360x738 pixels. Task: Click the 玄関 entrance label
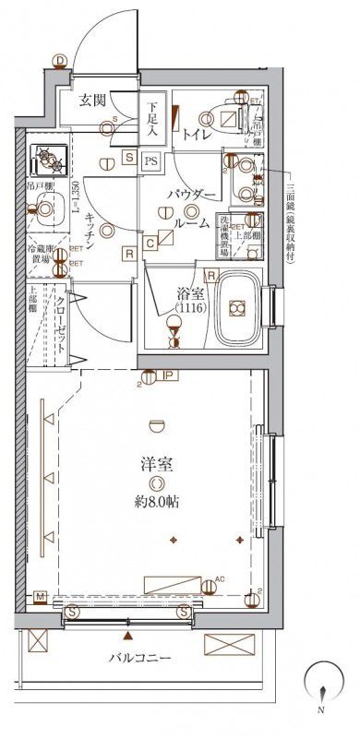pyautogui.click(x=90, y=101)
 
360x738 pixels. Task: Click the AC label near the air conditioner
pyautogui.click(x=219, y=578)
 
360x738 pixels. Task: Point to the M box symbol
pyautogui.click(x=41, y=598)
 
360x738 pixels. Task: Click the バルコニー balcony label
pyautogui.click(x=139, y=658)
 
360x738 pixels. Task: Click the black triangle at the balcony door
pyautogui.click(x=128, y=636)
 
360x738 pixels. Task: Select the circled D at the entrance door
pyautogui.click(x=60, y=62)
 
